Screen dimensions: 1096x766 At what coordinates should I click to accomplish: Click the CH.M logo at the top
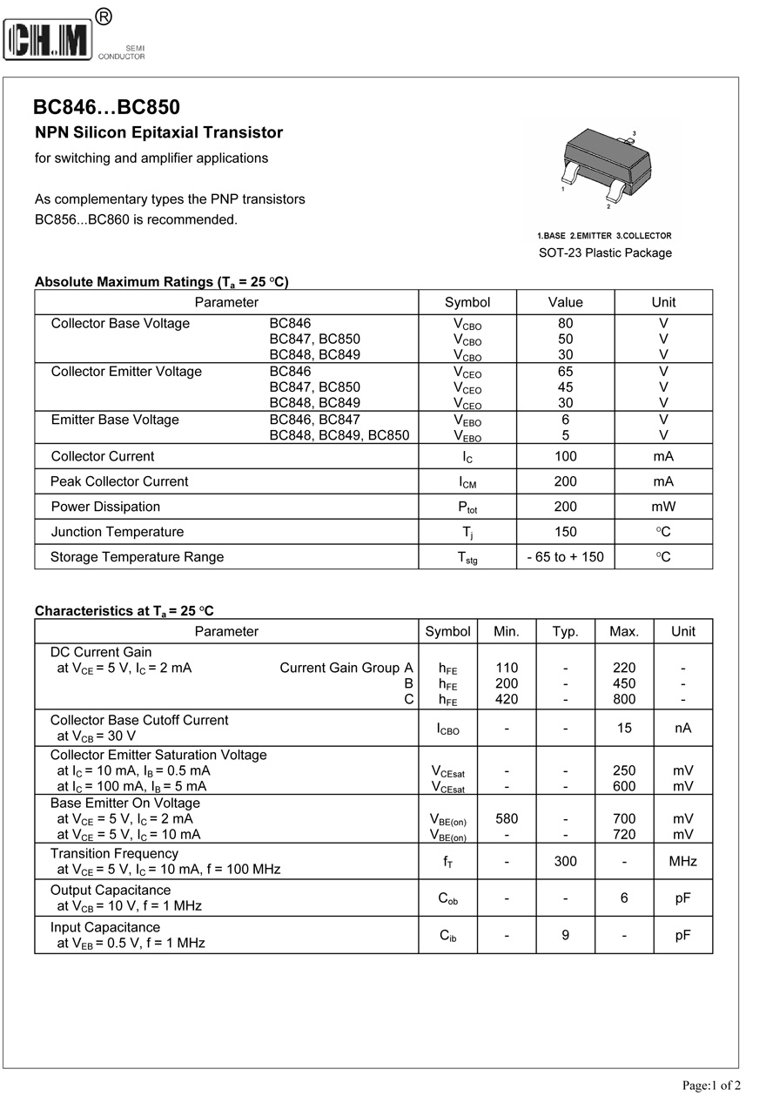pos(49,40)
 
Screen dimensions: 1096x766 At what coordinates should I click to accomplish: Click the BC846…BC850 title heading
pos(107,107)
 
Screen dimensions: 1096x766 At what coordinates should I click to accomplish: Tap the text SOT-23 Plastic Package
pos(605,253)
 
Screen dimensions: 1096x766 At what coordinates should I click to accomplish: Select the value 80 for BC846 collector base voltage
pos(566,323)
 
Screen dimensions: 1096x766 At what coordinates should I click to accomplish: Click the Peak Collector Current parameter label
pos(119,481)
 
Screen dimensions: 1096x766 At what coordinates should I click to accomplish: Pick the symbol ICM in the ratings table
pos(467,481)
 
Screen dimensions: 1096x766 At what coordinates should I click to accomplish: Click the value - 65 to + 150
pos(566,557)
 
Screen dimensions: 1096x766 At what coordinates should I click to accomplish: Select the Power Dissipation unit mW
pos(663,507)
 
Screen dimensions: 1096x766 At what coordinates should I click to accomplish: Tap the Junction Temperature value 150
pos(566,532)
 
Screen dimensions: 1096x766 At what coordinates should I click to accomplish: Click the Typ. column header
pos(566,631)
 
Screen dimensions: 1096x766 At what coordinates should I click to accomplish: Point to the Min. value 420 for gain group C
pos(507,699)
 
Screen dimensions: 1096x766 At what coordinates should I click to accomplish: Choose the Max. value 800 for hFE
pos(624,699)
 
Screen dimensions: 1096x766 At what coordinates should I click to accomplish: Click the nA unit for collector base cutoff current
pos(683,728)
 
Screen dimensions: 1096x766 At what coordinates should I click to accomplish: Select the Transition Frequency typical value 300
pos(566,861)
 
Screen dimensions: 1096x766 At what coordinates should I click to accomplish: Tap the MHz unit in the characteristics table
pos(683,861)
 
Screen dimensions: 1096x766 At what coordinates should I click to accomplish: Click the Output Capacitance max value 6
pos(624,898)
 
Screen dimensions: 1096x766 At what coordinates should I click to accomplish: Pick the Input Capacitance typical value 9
pos(566,935)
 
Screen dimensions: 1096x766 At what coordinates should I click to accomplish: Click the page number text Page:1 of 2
pos(711,1085)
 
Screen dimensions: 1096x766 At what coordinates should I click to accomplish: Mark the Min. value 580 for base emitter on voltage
pos(507,818)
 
